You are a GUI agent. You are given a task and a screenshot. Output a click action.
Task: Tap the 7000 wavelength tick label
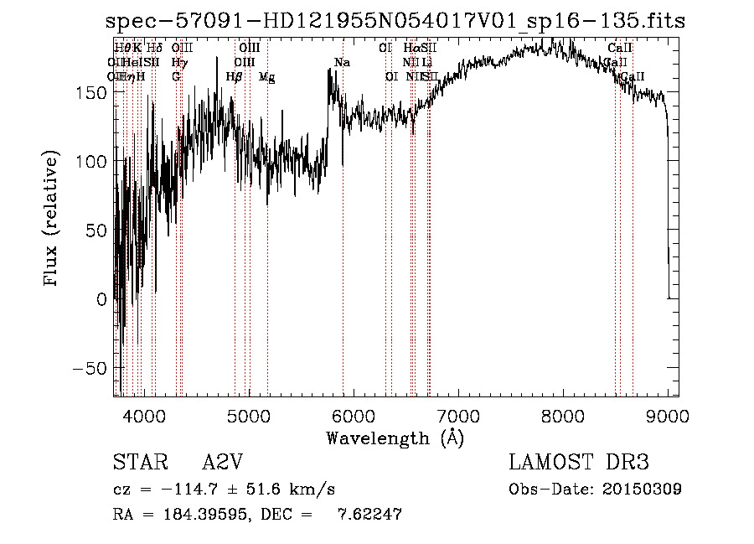click(x=458, y=416)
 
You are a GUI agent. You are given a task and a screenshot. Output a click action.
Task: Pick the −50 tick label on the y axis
click(x=92, y=368)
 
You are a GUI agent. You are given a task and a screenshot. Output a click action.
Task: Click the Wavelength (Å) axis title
click(x=395, y=438)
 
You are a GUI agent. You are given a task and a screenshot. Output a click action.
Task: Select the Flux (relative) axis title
click(x=52, y=220)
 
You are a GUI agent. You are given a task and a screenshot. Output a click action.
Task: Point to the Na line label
click(x=342, y=63)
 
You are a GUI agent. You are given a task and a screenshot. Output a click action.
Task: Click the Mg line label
click(x=266, y=77)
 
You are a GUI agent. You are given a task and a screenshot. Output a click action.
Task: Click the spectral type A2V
click(x=221, y=463)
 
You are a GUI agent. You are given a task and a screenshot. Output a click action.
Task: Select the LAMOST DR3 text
click(x=579, y=463)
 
